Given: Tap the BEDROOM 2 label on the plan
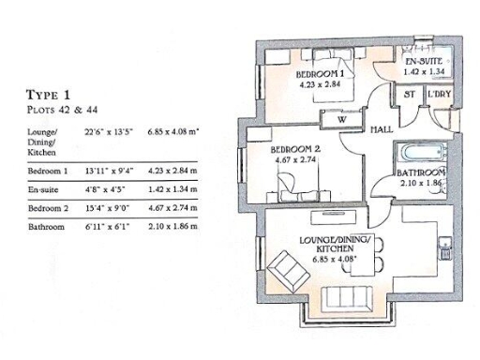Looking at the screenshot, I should pyautogui.click(x=296, y=150).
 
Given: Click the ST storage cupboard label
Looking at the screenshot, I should pyautogui.click(x=410, y=95).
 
